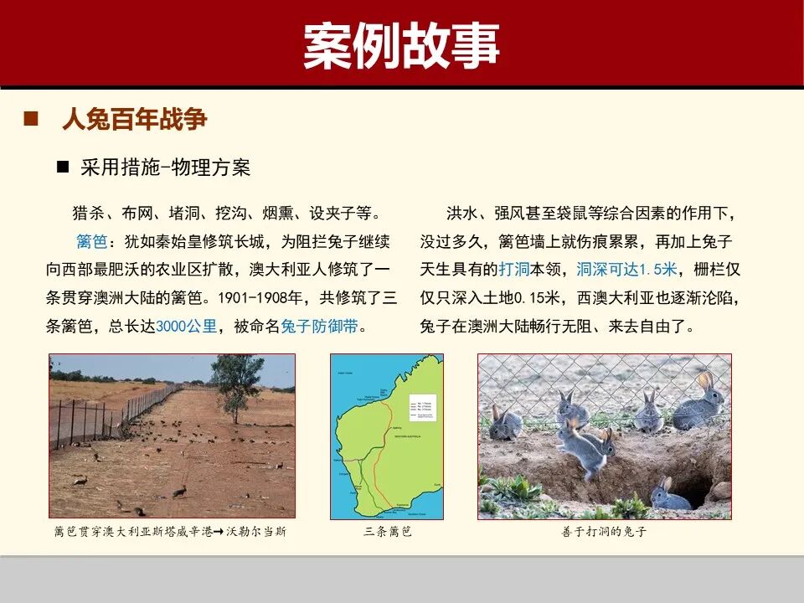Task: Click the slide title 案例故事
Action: pos(401,46)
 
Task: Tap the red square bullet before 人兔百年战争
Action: pos(32,118)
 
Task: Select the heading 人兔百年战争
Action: pos(134,119)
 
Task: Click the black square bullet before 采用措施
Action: pos(63,167)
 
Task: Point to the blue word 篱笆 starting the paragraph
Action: pos(91,242)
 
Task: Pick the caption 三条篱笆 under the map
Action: pos(388,532)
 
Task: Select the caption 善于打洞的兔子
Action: pos(604,532)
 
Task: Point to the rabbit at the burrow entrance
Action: pos(670,495)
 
